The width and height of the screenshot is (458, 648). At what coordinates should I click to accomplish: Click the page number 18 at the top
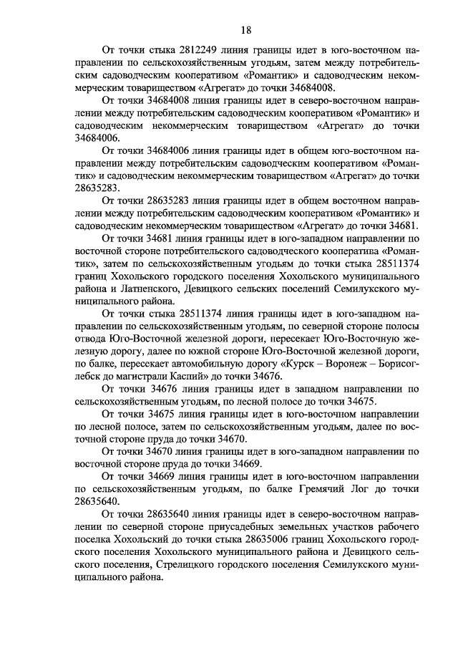[x=245, y=29]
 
